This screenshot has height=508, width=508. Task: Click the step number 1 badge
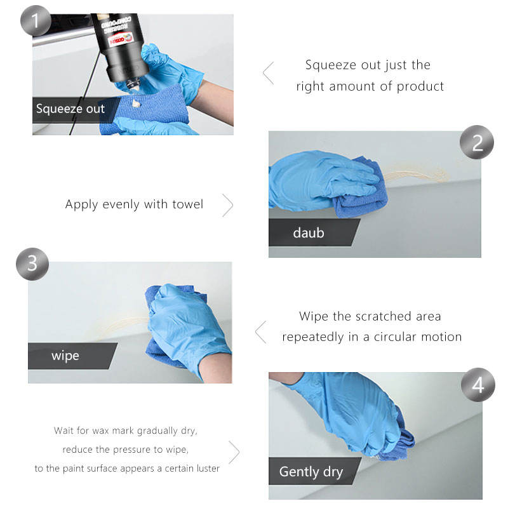click(36, 21)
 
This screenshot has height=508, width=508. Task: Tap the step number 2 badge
click(477, 142)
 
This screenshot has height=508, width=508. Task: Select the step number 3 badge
click(32, 264)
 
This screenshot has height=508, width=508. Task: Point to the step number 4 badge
click(478, 385)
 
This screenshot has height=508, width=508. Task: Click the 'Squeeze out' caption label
click(70, 109)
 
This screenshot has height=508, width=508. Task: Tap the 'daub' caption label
click(309, 232)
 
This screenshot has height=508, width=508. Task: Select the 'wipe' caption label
click(65, 356)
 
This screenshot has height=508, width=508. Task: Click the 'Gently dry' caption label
click(311, 472)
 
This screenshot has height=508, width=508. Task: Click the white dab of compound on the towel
click(136, 104)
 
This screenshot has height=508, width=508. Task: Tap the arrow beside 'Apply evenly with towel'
click(228, 205)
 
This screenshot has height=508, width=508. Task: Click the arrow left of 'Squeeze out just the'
click(268, 73)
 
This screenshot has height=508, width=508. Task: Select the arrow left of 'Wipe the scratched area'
click(260, 332)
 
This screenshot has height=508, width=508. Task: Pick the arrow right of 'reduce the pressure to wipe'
click(234, 452)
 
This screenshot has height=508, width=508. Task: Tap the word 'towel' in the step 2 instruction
click(188, 204)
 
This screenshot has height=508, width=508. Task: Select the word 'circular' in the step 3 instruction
click(395, 337)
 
